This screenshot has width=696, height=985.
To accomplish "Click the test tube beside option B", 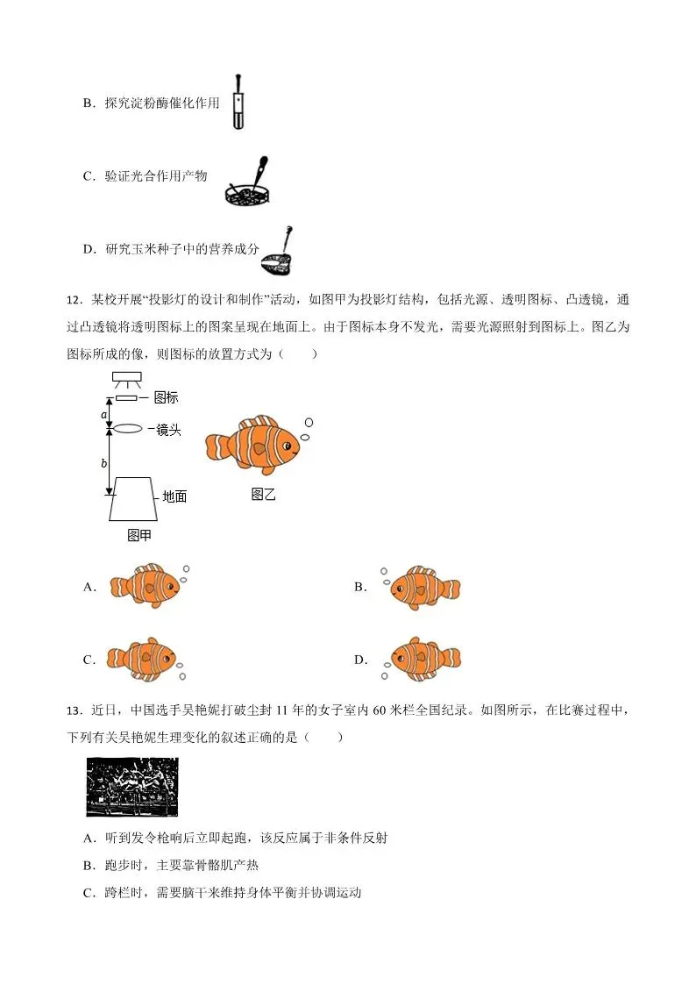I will (238, 103).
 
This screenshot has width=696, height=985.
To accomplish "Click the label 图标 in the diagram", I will (166, 397).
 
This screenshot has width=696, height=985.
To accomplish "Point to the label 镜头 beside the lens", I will (168, 430).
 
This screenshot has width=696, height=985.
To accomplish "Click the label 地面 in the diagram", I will (174, 496).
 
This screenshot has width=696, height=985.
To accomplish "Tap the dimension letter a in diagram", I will (104, 413).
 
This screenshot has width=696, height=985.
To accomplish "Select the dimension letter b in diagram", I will (104, 463).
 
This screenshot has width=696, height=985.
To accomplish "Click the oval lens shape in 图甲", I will (128, 429).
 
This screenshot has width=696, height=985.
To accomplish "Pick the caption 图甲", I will (139, 534).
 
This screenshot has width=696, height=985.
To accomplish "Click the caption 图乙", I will (263, 494).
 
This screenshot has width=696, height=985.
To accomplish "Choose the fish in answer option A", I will (144, 585).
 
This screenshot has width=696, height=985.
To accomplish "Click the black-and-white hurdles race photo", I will (131, 787).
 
